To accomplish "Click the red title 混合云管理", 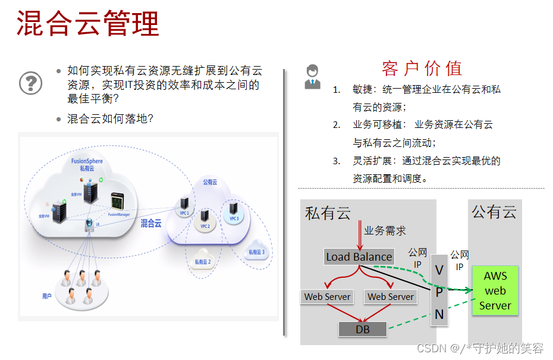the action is point(88,23).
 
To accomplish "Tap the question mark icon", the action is point(31,82).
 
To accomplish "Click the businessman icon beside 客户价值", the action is point(312,77).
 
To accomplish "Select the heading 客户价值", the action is point(422,68).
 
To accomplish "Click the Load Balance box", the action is point(359,256).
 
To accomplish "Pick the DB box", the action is point(362,328).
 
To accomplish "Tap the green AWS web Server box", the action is point(495,291).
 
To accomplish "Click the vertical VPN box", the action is point(439,292).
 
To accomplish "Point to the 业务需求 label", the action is point(385,230).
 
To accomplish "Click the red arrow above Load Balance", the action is point(359,235).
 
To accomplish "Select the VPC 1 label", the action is point(184,213).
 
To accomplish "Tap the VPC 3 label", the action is point(234,218).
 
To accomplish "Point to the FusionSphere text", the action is point(87,161).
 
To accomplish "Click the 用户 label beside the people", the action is point(46,296).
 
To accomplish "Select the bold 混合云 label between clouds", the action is point(151,224).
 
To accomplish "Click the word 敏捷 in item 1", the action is point(362,90).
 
